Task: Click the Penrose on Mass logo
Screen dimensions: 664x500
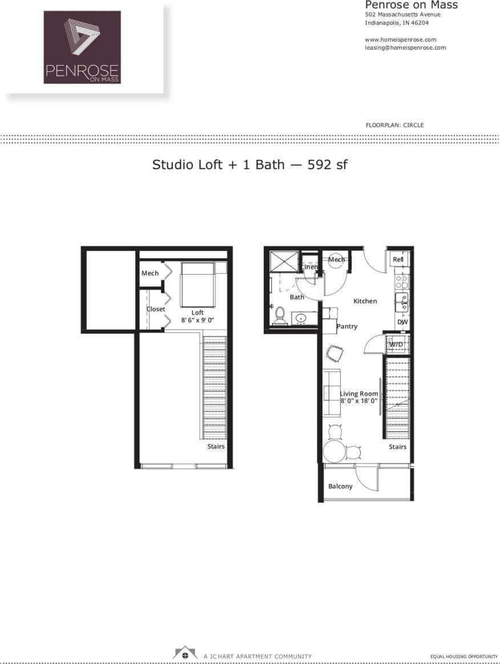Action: click(x=82, y=47)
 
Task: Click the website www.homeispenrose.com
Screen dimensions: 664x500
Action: click(x=400, y=39)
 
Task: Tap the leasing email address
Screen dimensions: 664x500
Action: click(x=405, y=48)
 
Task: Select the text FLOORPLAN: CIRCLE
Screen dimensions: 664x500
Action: click(x=394, y=125)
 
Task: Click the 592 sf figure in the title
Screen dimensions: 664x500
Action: click(x=328, y=165)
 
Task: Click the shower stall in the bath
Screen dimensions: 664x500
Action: click(x=284, y=263)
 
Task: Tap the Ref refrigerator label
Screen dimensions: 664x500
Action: click(x=398, y=260)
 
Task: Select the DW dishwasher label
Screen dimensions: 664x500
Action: click(x=402, y=322)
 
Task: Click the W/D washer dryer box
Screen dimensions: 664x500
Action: click(x=396, y=344)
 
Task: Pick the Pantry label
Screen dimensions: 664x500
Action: click(x=347, y=327)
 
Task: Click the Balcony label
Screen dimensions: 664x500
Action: click(x=340, y=486)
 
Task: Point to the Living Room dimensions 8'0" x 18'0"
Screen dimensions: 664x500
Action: click(x=359, y=401)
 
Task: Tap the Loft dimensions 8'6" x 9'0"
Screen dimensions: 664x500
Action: click(x=197, y=320)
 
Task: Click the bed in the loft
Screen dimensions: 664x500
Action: click(x=198, y=285)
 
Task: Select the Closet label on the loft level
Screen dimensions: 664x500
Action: click(x=156, y=309)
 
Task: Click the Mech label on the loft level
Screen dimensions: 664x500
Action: click(x=150, y=273)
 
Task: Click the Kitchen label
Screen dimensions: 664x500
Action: click(x=365, y=301)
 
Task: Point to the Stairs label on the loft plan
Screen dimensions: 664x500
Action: click(x=216, y=446)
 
